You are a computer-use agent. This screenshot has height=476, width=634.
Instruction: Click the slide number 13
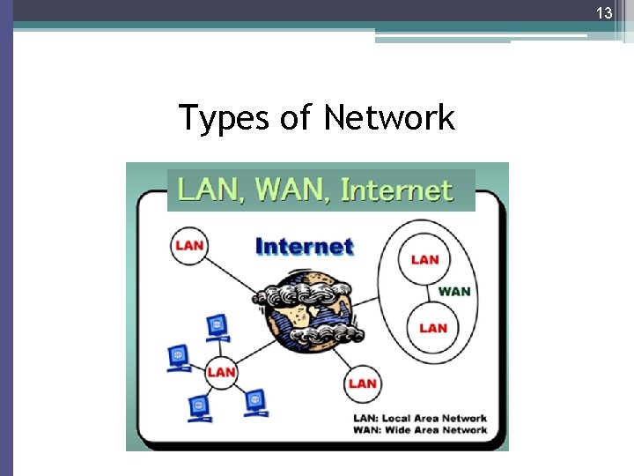603,13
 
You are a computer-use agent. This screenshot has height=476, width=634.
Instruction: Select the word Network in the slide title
388,117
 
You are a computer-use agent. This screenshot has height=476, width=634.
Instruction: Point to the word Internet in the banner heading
395,190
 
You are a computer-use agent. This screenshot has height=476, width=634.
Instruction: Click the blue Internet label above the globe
304,246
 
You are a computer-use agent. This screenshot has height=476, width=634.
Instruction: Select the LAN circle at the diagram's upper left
189,245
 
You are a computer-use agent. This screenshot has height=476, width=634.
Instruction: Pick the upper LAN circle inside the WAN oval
424,259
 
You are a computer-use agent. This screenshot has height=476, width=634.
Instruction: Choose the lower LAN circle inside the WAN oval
432,327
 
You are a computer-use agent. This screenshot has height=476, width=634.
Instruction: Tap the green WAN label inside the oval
453,292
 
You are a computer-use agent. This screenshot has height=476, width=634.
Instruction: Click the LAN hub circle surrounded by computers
221,372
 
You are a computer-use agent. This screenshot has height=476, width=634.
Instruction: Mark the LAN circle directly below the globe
362,383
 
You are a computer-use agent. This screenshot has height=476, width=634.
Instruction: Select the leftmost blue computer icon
179,357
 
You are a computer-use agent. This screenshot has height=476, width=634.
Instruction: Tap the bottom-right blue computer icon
254,402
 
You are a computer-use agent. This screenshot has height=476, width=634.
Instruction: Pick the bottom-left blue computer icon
200,407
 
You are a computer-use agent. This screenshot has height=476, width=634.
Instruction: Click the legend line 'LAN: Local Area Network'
419,418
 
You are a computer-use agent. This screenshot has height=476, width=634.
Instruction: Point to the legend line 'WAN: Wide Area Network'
419,430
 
